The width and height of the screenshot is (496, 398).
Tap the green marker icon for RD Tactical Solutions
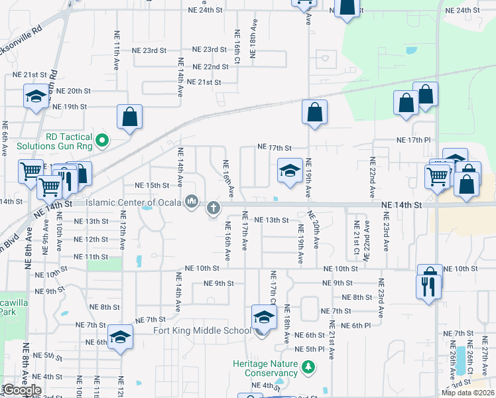pyautogui.click(x=102, y=140)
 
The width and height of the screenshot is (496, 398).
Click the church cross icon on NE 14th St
pyautogui.click(x=214, y=208)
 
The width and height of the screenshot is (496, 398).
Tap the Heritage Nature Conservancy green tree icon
pyautogui.click(x=308, y=366)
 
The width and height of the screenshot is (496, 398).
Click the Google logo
pyautogui.click(x=22, y=390)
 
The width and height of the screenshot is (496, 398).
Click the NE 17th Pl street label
pyautogui.click(x=414, y=140)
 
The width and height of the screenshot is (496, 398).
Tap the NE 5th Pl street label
pyautogui.click(x=309, y=349)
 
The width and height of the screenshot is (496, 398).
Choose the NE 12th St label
pyautogui.click(x=92, y=239)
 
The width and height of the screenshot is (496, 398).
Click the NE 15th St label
pyautogui.click(x=152, y=186)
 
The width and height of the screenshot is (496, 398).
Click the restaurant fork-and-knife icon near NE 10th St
pyautogui.click(x=428, y=287)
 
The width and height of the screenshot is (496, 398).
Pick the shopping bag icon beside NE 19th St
pyautogui.click(x=130, y=117)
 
